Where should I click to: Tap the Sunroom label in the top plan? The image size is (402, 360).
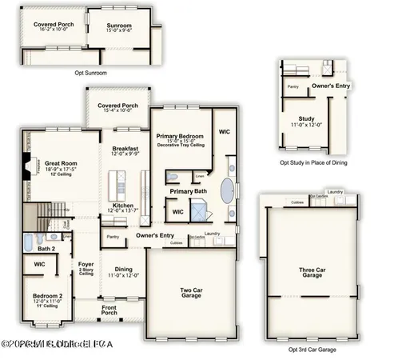119,26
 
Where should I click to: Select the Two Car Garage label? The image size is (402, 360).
190,290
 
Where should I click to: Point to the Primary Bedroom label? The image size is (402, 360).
180,137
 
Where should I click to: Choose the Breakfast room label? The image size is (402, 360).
125,149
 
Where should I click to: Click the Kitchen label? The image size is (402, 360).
122,206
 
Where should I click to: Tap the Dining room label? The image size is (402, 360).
124,269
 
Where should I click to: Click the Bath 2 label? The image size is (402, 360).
46,248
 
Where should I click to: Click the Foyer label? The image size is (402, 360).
86,264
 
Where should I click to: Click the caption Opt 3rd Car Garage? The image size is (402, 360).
312,350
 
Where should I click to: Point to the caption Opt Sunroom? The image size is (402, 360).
91,74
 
